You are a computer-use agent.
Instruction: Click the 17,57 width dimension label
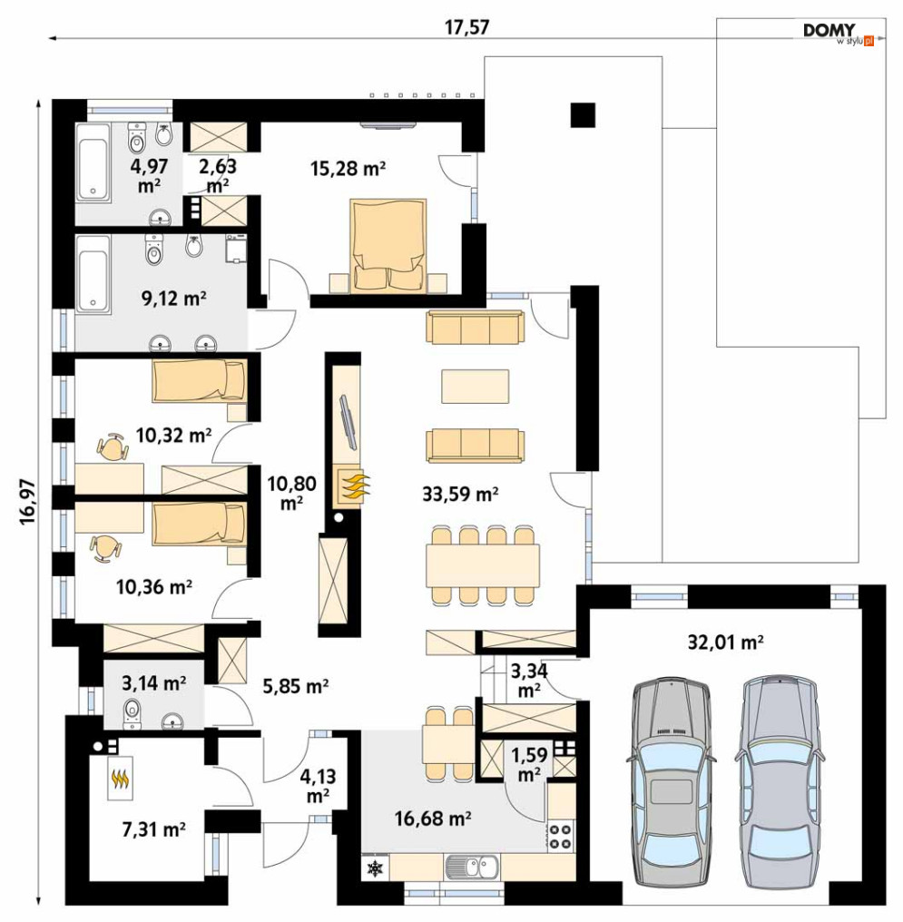tap(466, 27)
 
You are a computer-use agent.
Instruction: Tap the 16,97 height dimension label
tap(27, 502)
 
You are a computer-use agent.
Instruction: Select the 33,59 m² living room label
tap(460, 494)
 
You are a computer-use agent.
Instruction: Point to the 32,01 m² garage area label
tap(725, 642)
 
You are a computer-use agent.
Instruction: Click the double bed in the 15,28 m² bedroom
tap(388, 245)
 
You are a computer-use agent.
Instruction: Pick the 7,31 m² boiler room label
tap(154, 829)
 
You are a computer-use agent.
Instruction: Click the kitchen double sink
tap(472, 867)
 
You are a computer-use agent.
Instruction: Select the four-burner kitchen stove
tap(561, 836)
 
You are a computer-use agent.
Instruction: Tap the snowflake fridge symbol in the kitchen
tap(375, 868)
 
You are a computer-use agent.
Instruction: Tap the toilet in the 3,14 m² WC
tap(133, 713)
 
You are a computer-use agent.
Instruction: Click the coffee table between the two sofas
tap(475, 386)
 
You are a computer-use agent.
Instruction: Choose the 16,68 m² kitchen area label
tap(433, 818)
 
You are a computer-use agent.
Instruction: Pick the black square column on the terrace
tap(583, 115)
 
